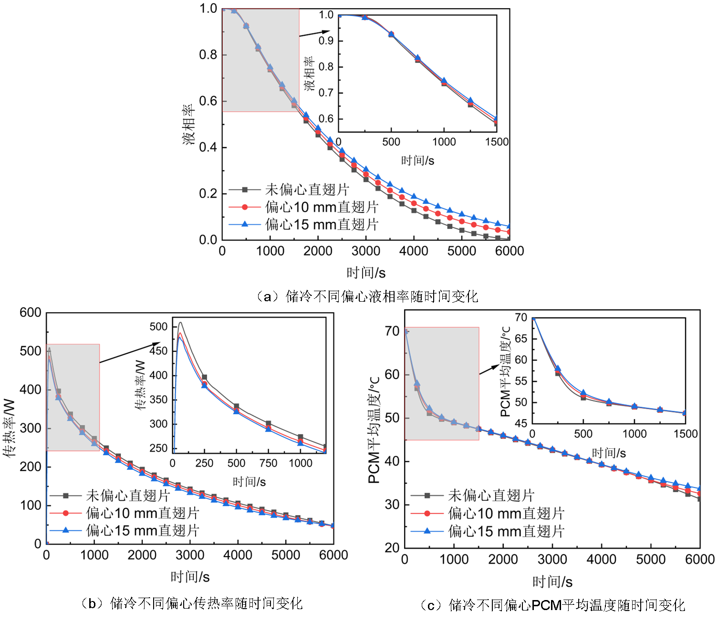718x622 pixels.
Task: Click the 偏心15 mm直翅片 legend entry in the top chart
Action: coord(322,224)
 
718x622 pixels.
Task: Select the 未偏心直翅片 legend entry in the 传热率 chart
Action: coord(128,495)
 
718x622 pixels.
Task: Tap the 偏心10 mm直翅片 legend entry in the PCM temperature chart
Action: coord(506,514)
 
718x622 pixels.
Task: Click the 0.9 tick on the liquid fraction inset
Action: coord(326,41)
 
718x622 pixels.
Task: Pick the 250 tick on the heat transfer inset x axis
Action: coord(204,463)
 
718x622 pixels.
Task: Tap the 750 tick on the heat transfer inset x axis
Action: coord(268,463)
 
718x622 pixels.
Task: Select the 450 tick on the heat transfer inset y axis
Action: coord(158,351)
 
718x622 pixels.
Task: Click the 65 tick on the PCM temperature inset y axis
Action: coord(521,339)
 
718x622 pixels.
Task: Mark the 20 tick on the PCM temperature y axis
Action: coord(392,548)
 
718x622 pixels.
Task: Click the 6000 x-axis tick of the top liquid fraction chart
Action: coord(509,251)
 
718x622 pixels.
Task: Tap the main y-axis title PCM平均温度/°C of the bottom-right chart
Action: coord(374,430)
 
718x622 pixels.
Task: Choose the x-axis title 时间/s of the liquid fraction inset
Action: coord(417,160)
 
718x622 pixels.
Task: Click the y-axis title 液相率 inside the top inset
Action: coord(310,74)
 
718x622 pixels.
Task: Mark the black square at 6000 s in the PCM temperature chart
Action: coord(699,499)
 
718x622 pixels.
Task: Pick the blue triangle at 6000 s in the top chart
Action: coord(509,226)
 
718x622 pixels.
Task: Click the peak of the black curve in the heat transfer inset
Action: coord(180,323)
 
